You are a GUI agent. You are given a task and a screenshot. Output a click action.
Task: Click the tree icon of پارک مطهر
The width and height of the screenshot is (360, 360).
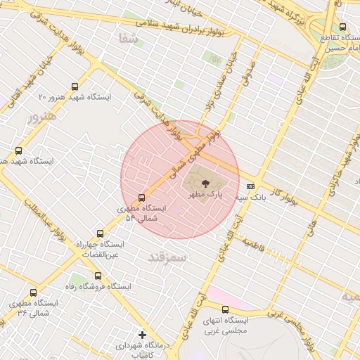tap(205, 182)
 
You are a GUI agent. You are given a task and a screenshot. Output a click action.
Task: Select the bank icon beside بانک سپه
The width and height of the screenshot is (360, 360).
tap(251, 186)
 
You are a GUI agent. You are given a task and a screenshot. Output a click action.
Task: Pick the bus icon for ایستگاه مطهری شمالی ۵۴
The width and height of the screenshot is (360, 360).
tap(141, 198)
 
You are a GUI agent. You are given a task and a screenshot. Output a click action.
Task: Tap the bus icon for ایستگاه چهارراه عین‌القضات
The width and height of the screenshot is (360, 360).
tap(99, 233)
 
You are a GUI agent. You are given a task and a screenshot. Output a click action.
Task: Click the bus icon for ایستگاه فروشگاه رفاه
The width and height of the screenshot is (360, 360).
tap(97, 276)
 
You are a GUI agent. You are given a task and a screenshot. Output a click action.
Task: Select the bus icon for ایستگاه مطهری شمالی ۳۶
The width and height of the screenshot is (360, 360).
tap(33, 292)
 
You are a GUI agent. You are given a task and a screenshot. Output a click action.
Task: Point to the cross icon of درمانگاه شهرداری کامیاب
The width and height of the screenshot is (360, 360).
tap(142, 335)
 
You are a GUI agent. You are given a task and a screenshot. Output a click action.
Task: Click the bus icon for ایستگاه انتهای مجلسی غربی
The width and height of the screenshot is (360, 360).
tap(225, 309)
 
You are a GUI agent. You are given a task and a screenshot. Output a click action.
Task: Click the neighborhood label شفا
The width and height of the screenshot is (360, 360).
tap(129, 39)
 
